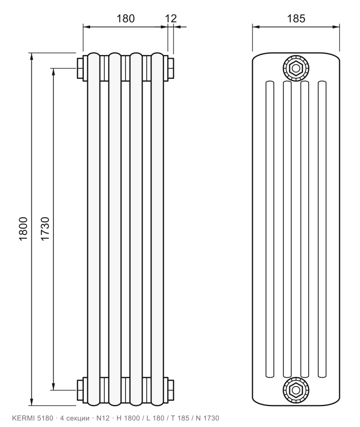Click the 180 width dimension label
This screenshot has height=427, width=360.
click(126, 18)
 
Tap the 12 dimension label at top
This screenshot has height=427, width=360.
click(171, 18)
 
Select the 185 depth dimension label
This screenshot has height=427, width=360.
click(296, 18)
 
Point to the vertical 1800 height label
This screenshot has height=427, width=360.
click(23, 229)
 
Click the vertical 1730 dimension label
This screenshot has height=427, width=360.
click(45, 229)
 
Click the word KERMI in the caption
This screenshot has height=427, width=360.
click(23, 418)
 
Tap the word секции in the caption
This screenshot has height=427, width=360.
click(78, 418)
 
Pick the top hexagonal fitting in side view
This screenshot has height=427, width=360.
click(296, 68)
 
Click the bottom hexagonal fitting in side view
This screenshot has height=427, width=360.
click(296, 390)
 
